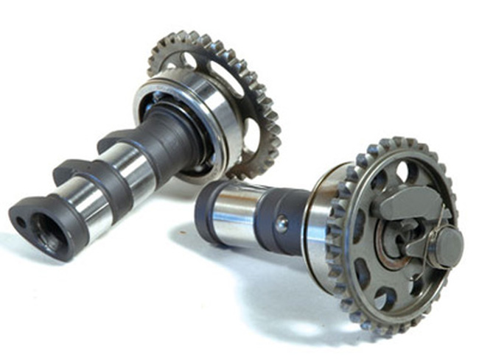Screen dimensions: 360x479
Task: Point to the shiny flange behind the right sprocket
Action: pos(321,221)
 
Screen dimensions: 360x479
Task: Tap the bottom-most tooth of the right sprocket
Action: pos(383,330)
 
